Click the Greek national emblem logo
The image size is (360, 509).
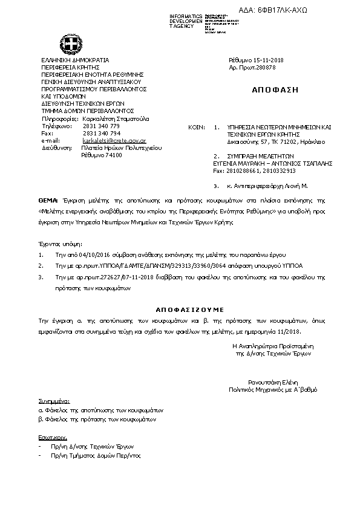click(x=70, y=44)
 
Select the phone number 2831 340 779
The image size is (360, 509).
click(x=101, y=126)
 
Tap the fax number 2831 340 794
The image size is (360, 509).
click(x=101, y=133)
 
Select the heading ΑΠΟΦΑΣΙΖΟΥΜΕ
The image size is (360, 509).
click(x=182, y=306)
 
